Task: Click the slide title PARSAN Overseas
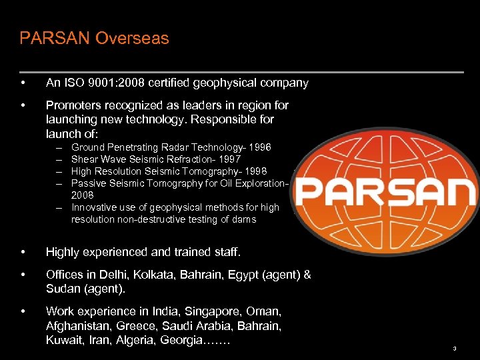tap(94, 38)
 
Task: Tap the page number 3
tap(454, 349)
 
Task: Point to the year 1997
tap(229, 159)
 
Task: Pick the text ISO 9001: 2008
tap(98, 83)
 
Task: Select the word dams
tap(243, 219)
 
